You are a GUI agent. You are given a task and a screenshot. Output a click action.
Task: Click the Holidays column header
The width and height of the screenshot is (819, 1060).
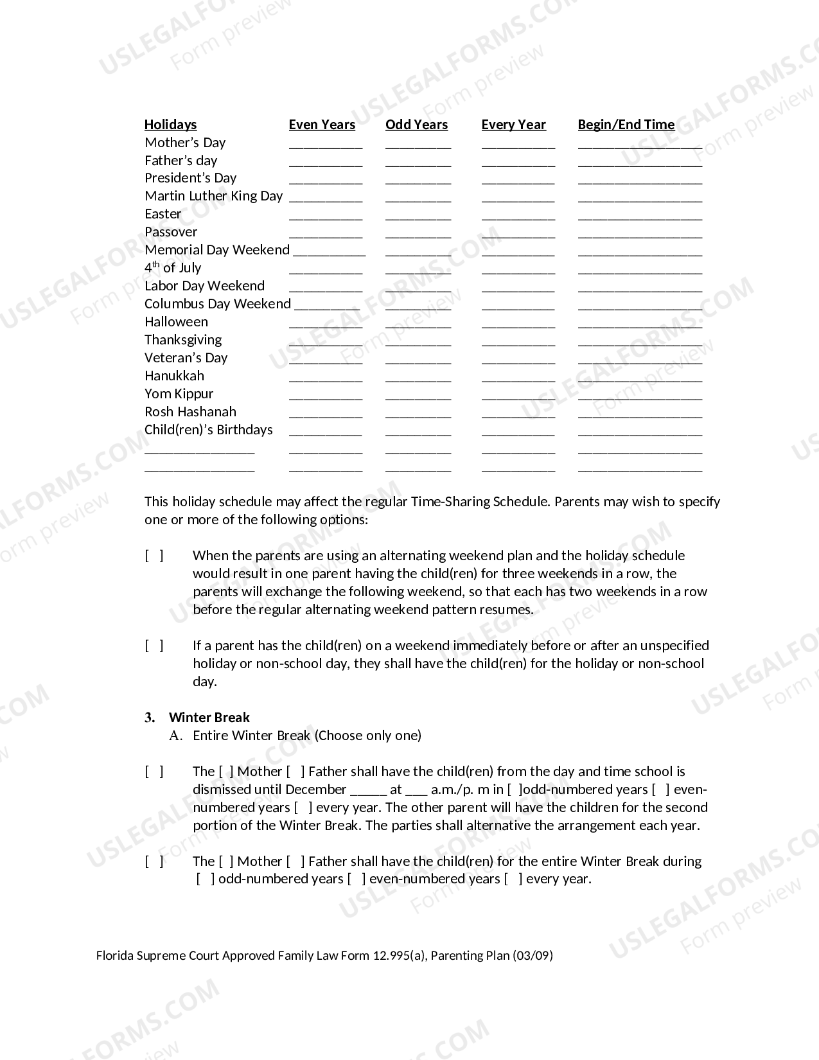(x=170, y=125)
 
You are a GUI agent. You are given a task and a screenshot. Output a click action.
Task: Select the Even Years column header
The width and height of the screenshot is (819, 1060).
(x=322, y=125)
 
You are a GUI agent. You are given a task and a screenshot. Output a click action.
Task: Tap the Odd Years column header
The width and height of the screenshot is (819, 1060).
(x=416, y=125)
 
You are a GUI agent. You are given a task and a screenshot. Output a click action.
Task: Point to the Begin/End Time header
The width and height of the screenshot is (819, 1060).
(x=626, y=125)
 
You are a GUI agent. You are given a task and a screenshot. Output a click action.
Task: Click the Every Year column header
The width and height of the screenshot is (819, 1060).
(x=513, y=125)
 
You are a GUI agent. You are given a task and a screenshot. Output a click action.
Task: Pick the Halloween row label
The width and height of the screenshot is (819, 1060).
(x=176, y=322)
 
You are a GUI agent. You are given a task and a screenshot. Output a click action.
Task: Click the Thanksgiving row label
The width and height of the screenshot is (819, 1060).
(x=183, y=340)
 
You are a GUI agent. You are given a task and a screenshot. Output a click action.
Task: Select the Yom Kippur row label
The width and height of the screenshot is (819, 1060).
(x=179, y=394)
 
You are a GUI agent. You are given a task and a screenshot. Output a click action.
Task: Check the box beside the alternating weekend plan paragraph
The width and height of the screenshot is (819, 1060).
(x=154, y=556)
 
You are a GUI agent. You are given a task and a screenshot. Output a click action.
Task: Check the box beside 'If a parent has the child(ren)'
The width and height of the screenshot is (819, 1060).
(x=154, y=646)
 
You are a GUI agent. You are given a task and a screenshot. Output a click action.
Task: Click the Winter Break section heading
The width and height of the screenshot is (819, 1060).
(x=209, y=718)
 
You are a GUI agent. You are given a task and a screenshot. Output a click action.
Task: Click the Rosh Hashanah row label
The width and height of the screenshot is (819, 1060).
(x=190, y=412)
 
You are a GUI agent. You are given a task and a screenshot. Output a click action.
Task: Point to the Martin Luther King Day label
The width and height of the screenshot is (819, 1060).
(x=213, y=196)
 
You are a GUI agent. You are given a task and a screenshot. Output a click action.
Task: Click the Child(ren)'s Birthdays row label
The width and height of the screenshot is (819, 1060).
(x=208, y=430)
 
